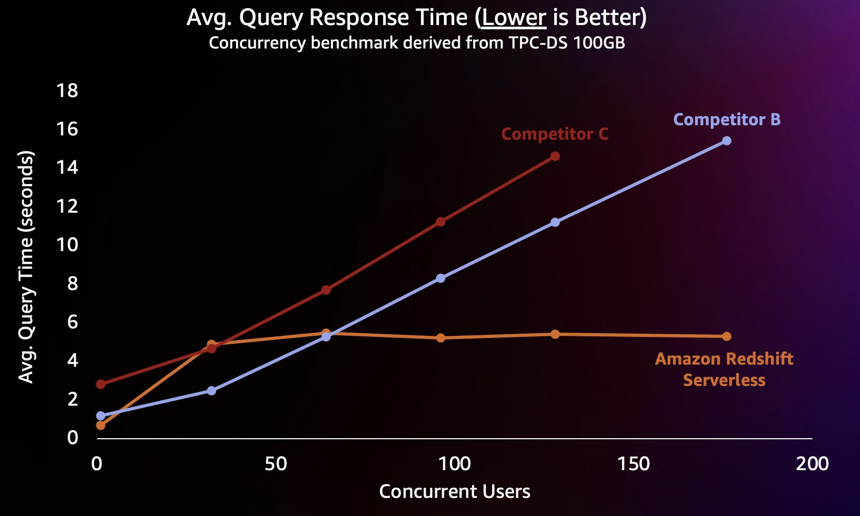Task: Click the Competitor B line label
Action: (x=727, y=119)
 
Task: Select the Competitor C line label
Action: (x=555, y=134)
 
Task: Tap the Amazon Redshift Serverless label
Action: (x=724, y=369)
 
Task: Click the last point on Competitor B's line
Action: (x=726, y=141)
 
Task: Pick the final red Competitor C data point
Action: (x=555, y=156)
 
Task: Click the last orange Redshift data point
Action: (x=726, y=336)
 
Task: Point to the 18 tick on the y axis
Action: (x=67, y=91)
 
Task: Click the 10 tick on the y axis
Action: (x=67, y=245)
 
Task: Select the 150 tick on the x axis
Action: (x=634, y=464)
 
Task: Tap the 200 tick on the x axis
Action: (x=812, y=464)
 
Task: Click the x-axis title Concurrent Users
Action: (x=455, y=491)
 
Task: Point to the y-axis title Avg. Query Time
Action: (x=26, y=267)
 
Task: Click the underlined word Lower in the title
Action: (x=514, y=18)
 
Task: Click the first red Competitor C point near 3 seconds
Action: (x=101, y=384)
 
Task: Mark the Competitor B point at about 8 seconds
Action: (x=441, y=278)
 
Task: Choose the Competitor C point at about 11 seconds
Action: (x=441, y=222)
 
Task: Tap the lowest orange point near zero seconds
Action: (x=101, y=425)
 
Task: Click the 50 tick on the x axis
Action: (x=275, y=464)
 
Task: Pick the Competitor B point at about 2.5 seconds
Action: (x=212, y=391)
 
